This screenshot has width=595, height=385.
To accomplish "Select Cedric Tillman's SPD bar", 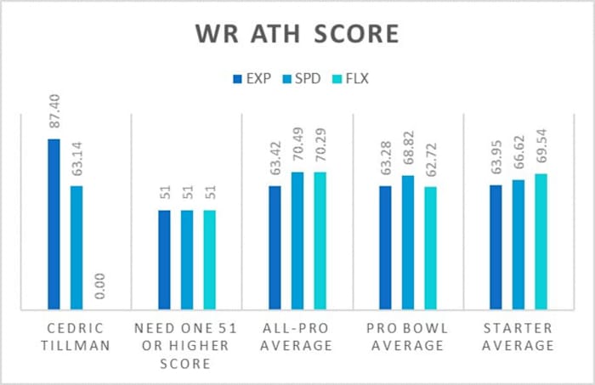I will click(76, 246).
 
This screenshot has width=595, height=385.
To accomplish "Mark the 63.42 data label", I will click(275, 161).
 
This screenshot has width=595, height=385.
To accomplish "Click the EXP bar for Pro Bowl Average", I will click(385, 246).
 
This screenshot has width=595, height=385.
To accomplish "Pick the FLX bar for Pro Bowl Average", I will click(430, 246).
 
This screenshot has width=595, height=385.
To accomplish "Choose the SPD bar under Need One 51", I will click(187, 258).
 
